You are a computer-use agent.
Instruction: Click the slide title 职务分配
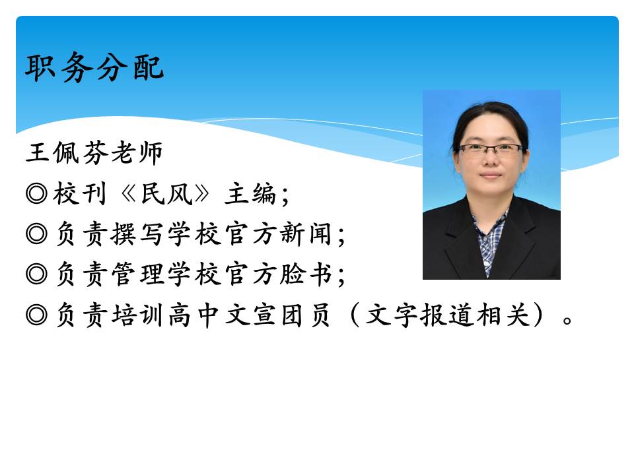[94, 67]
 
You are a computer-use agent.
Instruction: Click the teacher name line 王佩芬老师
[94, 152]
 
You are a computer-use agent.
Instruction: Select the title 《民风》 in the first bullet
[165, 193]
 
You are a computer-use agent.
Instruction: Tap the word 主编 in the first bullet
[250, 193]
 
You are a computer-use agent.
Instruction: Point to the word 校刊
[80, 193]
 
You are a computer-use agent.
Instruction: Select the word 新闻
[306, 234]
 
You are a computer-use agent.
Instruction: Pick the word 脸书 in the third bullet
[306, 274]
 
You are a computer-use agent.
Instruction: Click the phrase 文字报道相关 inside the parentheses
[447, 315]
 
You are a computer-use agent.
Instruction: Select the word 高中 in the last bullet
[194, 315]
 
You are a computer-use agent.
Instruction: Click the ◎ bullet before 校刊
[36, 193]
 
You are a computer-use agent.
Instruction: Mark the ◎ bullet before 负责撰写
[36, 234]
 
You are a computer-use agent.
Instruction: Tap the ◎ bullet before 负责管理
[36, 274]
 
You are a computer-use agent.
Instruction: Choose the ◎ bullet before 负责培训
[36, 315]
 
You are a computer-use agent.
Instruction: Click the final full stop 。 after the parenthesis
[567, 321]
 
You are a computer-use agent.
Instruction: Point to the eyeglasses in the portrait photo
[491, 150]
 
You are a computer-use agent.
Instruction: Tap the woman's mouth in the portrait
[491, 175]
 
